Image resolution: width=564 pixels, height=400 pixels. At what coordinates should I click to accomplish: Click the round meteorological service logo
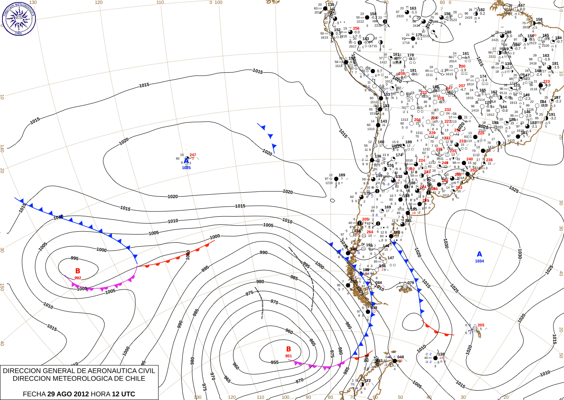[x=19, y=18]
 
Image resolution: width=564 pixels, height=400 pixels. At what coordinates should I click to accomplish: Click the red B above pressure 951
[x=288, y=349]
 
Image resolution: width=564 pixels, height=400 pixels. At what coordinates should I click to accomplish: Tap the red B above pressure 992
[x=78, y=271]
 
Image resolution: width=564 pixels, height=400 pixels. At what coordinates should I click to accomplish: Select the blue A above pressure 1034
[x=479, y=254]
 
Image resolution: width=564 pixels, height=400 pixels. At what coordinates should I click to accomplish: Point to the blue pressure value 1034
[x=479, y=261]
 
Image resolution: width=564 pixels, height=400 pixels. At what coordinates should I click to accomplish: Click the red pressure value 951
[x=288, y=356]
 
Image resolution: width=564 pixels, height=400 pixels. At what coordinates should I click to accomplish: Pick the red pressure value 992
[x=78, y=278]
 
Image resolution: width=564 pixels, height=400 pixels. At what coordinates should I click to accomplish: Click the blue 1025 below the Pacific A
[x=186, y=167]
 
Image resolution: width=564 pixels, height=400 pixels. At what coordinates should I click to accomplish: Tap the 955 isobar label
[x=275, y=362]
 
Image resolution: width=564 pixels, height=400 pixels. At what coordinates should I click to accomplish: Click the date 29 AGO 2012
[x=68, y=394]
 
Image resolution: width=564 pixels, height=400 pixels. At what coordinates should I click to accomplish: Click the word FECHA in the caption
[x=34, y=394]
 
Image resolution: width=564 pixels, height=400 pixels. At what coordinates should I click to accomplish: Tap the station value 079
[x=411, y=283]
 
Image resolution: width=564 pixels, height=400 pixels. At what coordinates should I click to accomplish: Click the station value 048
[x=401, y=357]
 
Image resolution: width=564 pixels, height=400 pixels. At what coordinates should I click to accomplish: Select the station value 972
[x=368, y=380]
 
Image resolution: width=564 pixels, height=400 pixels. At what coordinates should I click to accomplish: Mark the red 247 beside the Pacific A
[x=193, y=155]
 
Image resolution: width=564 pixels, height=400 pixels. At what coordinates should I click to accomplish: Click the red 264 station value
[x=370, y=232]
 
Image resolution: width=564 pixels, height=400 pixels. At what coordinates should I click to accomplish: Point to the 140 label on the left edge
[x=2, y=148]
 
